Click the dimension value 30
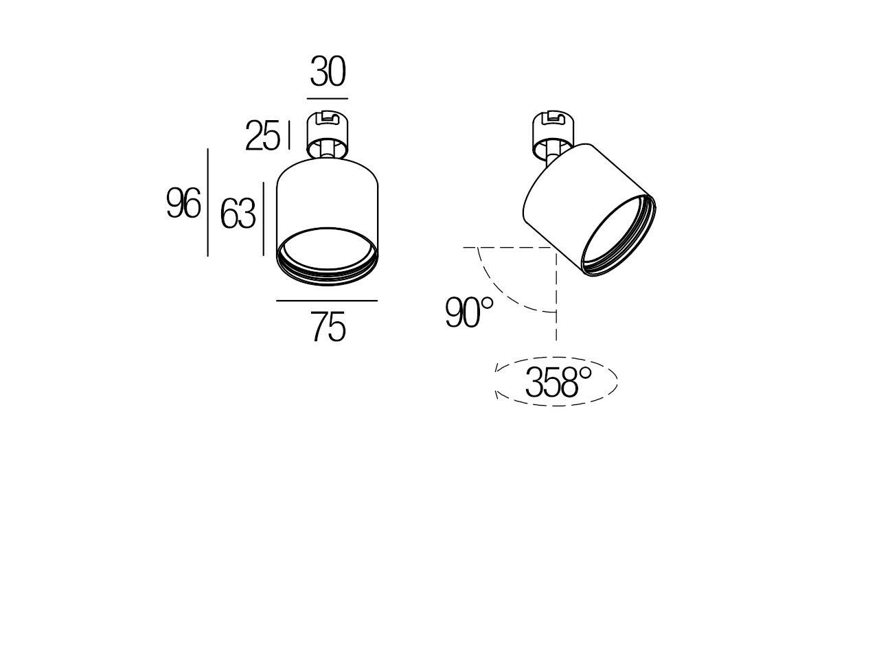tap(328, 72)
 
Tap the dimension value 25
tap(263, 137)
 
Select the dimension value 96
tap(183, 204)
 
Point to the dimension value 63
tap(238, 215)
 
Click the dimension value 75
tap(328, 327)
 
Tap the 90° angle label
tap(469, 313)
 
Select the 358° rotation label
tap(558, 382)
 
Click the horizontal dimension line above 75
tap(327, 301)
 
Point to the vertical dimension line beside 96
tap(208, 203)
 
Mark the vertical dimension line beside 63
tap(263, 218)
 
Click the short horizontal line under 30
tap(328, 99)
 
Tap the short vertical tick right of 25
tap(290, 135)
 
